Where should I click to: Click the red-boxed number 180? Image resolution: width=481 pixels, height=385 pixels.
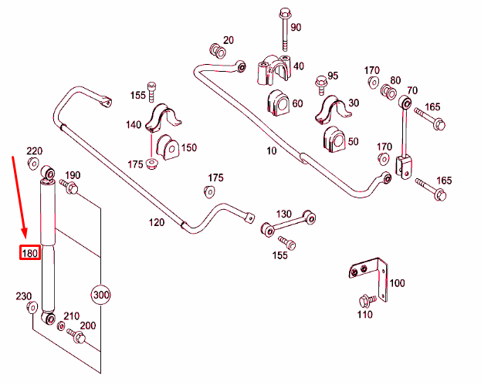tap(30, 252)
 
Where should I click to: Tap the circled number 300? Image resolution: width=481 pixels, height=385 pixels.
tap(101, 295)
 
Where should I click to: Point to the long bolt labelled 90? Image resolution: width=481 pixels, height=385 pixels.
tap(285, 29)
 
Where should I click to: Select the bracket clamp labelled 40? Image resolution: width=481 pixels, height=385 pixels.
tap(273, 70)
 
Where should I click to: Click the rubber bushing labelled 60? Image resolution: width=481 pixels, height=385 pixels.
tap(278, 103)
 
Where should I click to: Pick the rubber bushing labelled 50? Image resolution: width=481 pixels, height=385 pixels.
tap(334, 140)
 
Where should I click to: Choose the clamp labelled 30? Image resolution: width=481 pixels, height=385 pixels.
tap(333, 110)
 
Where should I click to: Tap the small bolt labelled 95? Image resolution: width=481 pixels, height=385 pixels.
tap(321, 85)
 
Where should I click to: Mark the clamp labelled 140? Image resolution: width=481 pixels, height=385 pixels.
tap(163, 118)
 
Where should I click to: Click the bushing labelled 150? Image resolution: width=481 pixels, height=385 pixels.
tap(168, 147)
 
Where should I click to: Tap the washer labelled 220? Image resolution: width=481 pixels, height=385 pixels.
tap(33, 163)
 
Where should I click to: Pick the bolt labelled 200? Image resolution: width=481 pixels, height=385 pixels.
tap(76, 336)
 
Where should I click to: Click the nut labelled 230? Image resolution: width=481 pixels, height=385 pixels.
tap(32, 307)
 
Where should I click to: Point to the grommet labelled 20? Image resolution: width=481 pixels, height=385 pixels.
tap(218, 51)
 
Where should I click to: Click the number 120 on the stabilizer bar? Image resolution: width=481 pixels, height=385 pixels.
tap(157, 222)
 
